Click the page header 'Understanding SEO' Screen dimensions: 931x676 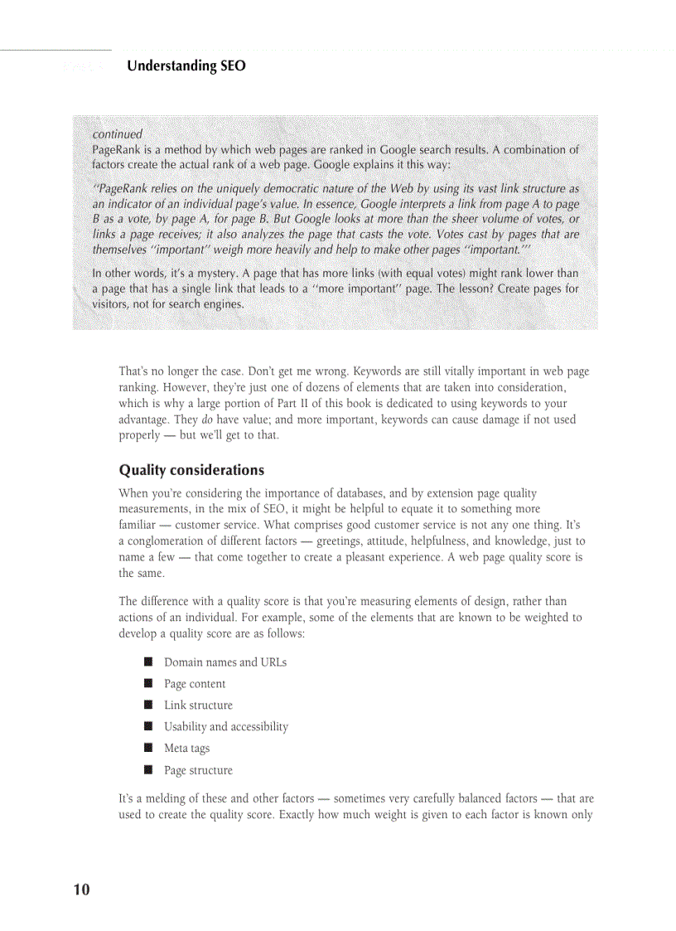point(186,65)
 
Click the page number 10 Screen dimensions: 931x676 point(81,890)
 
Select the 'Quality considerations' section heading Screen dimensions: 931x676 point(191,470)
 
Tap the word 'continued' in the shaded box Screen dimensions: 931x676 point(118,133)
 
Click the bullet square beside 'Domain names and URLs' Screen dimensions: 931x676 point(148,662)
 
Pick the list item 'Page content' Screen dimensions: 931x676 point(195,684)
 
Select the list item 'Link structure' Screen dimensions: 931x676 point(198,706)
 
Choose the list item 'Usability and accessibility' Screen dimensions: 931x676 point(226,727)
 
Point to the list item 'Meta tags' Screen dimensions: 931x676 point(186,749)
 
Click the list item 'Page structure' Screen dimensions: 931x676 point(198,770)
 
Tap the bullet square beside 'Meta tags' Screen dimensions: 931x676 point(148,748)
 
